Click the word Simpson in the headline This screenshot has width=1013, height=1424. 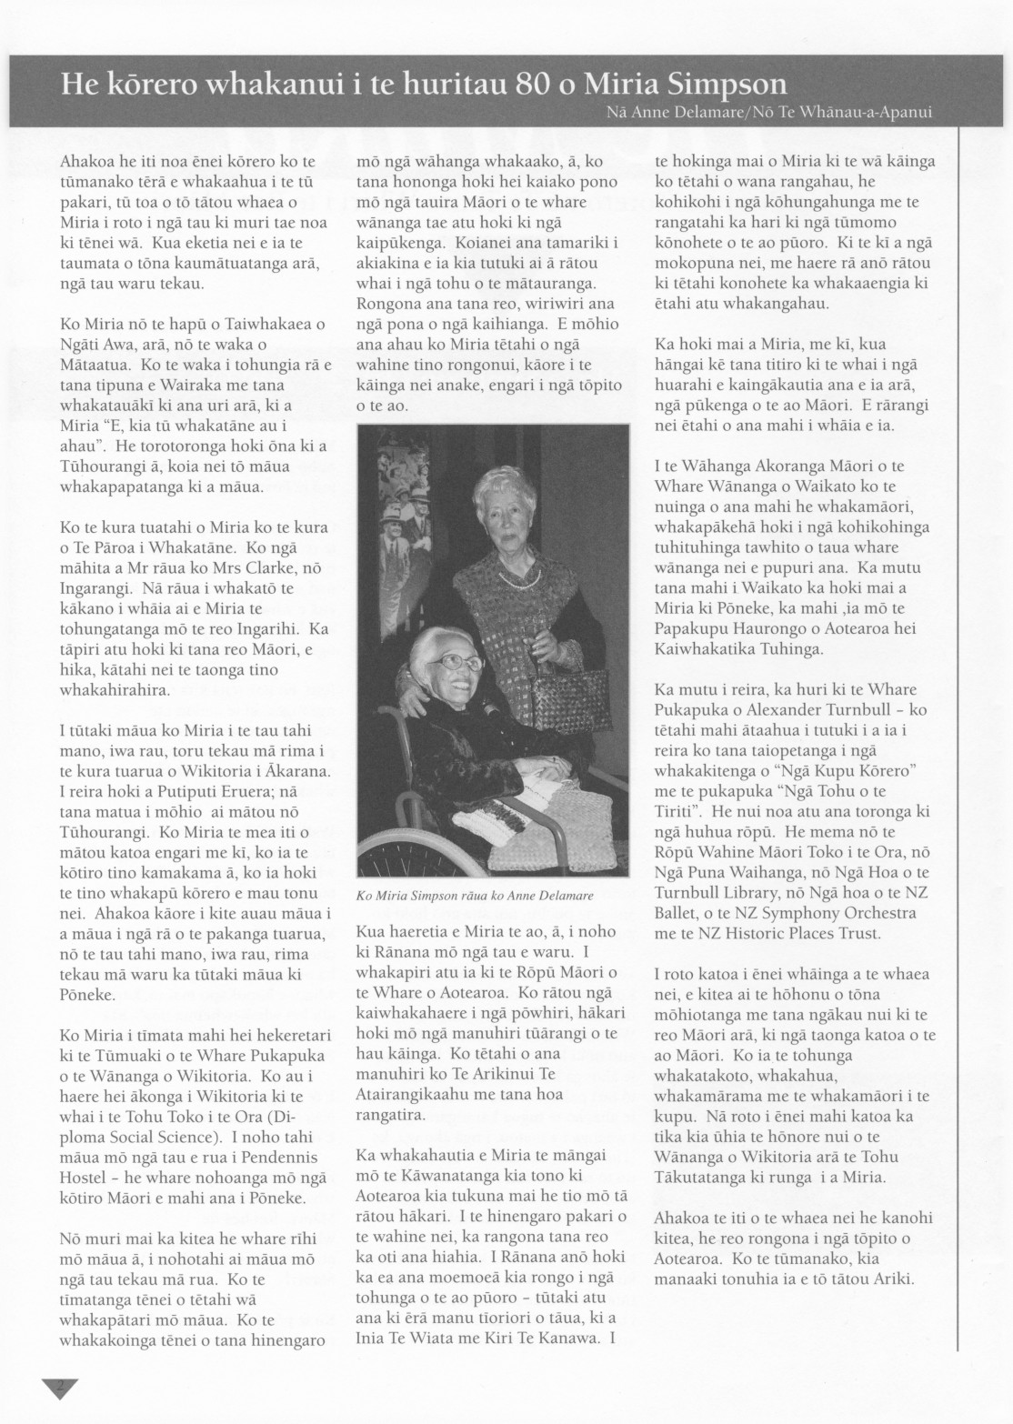point(722,85)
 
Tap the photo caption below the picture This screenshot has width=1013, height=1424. point(475,895)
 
